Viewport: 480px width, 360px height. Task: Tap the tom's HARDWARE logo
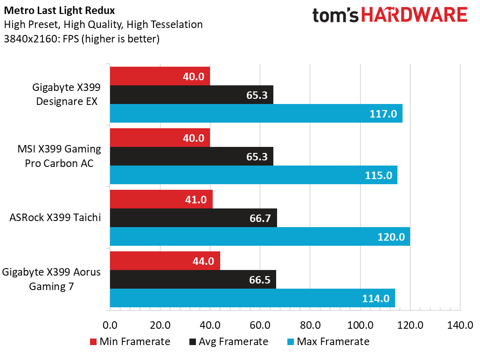pos(390,15)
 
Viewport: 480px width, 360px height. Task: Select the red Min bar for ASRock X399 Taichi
pos(161,199)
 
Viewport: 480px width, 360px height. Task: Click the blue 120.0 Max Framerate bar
pos(260,236)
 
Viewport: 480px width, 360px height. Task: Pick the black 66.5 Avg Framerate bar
pos(193,279)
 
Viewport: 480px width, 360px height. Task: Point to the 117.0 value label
pos(384,114)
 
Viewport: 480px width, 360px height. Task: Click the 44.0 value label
pos(203,261)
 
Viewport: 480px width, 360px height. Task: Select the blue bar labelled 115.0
pos(253,175)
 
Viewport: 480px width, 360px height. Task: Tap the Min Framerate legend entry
pos(129,341)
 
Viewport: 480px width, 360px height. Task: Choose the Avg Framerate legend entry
pos(229,341)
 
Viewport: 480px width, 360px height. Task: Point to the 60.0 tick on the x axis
pos(260,325)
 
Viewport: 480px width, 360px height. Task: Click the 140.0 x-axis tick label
pos(460,325)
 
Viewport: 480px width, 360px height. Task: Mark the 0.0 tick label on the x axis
pos(110,325)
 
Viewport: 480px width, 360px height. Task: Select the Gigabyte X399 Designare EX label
pos(66,95)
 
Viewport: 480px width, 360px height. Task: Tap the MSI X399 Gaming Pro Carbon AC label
pos(59,156)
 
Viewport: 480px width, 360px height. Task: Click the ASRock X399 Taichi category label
pos(55,217)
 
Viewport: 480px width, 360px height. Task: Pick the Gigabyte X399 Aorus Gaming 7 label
pos(51,279)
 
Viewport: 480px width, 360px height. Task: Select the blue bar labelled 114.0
pos(252,298)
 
